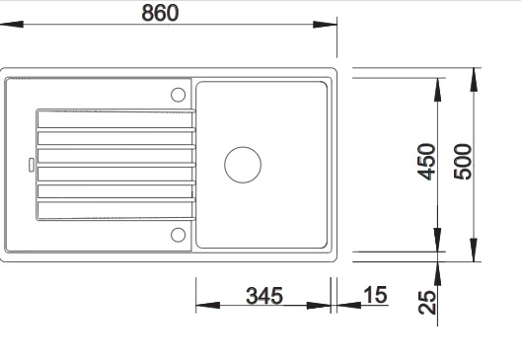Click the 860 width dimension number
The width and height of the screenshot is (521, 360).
pyautogui.click(x=160, y=13)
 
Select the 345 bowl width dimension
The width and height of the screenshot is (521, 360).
pyautogui.click(x=264, y=296)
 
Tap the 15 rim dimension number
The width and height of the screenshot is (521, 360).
pyautogui.click(x=375, y=295)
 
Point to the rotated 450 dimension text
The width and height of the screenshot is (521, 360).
pyautogui.click(x=426, y=162)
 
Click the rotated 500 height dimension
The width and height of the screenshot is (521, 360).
pyautogui.click(x=463, y=162)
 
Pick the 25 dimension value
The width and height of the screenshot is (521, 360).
pyautogui.click(x=427, y=302)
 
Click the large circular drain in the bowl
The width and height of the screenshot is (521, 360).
pyautogui.click(x=243, y=165)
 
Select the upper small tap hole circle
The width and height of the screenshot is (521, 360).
pyautogui.click(x=178, y=95)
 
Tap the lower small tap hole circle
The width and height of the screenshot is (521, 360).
pyautogui.click(x=178, y=235)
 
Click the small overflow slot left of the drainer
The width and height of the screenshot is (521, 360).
pyautogui.click(x=32, y=165)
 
